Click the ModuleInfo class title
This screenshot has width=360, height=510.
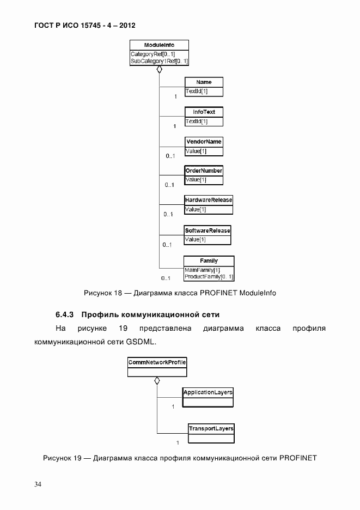[x=159, y=45]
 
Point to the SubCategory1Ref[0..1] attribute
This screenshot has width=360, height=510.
[x=159, y=62]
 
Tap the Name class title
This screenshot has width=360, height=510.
[x=204, y=82]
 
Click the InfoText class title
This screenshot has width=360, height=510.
[x=204, y=112]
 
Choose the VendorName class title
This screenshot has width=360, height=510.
[x=204, y=142]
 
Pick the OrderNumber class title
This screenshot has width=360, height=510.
[x=204, y=171]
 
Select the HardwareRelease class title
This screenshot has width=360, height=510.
[x=208, y=200]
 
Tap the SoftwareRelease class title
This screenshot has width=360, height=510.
[x=207, y=230]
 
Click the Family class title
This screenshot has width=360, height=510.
[x=209, y=261]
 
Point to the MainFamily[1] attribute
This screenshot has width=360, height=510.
[x=202, y=270]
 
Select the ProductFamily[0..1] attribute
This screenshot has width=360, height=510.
[x=209, y=277]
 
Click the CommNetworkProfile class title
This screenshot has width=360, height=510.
[x=157, y=362]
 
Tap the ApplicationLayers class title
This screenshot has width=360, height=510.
[x=208, y=392]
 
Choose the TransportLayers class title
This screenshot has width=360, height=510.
[x=211, y=429]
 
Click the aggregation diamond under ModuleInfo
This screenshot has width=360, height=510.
[x=159, y=70]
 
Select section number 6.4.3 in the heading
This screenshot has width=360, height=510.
[x=66, y=315]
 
